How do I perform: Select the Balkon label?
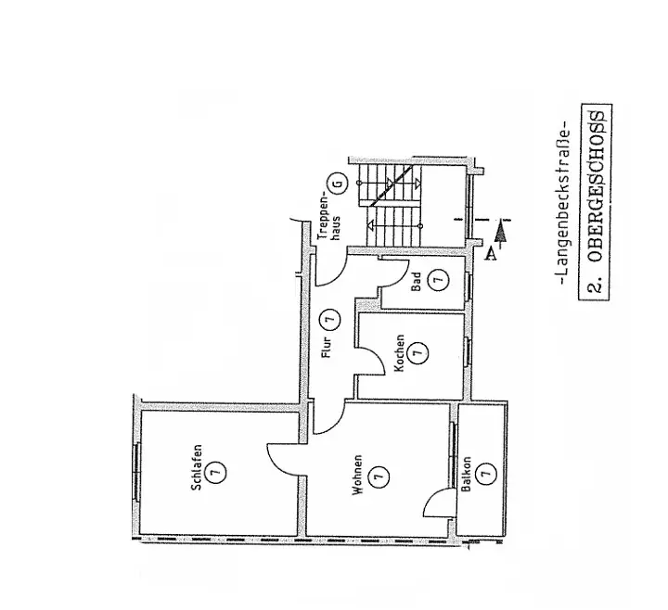467,473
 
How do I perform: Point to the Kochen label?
399,353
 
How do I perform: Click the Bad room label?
417,280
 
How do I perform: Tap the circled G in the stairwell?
339,183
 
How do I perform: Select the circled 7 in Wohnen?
377,477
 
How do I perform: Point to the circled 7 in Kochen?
418,353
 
